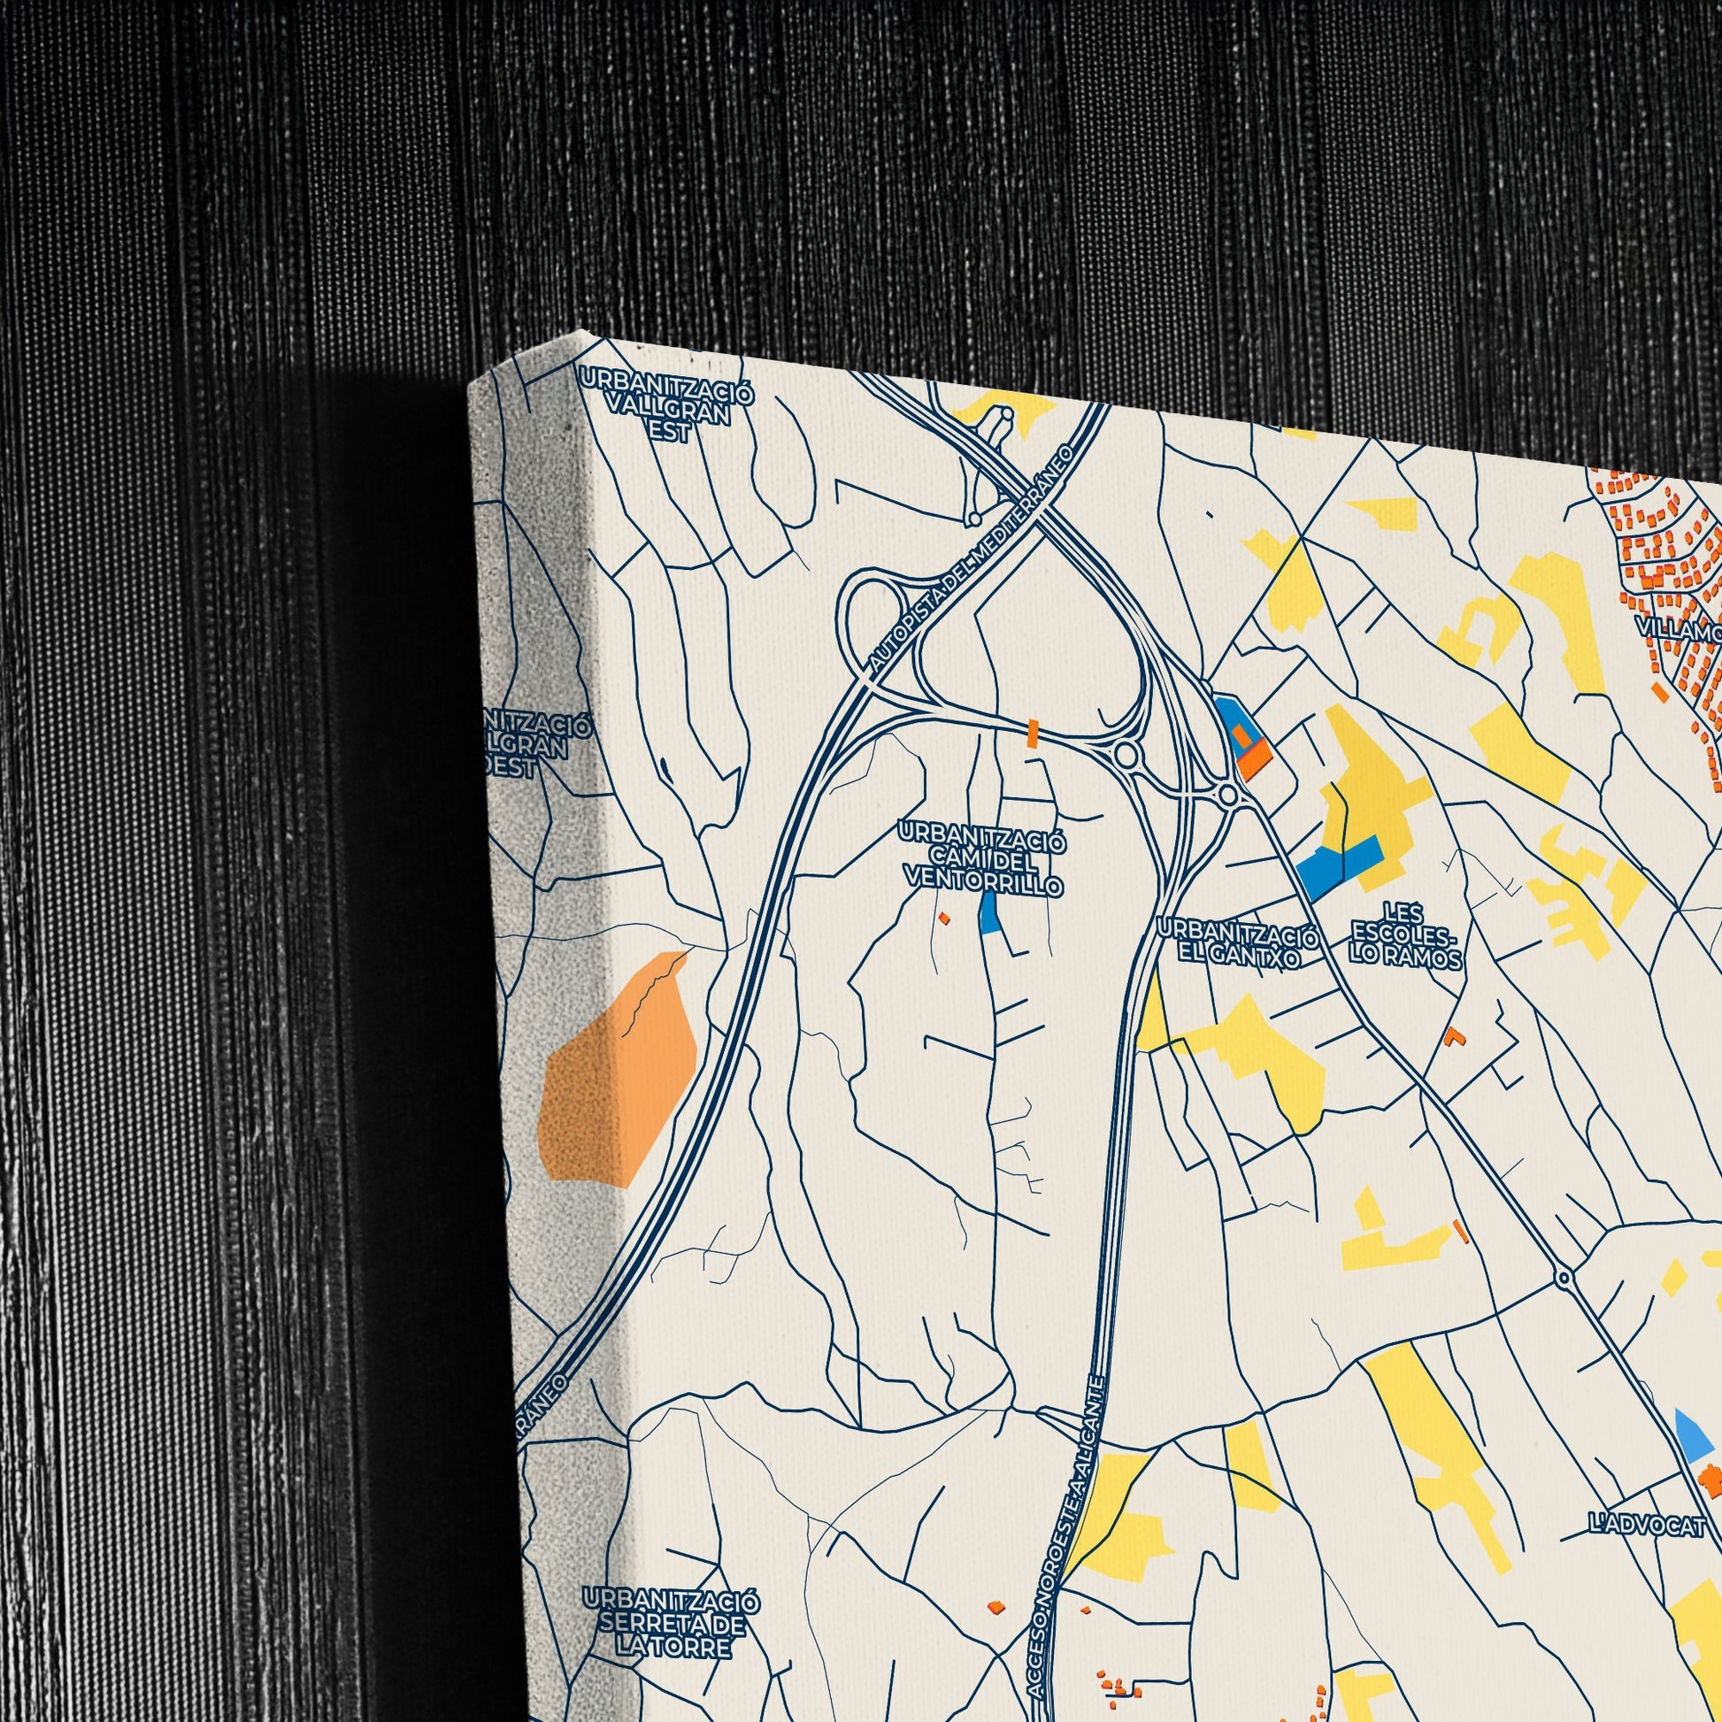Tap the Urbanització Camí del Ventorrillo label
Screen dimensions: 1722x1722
[982, 861]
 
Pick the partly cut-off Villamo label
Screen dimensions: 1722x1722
[1681, 630]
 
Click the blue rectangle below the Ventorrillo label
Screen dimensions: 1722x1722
[988, 911]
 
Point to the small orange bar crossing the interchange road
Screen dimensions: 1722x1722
[1033, 732]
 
